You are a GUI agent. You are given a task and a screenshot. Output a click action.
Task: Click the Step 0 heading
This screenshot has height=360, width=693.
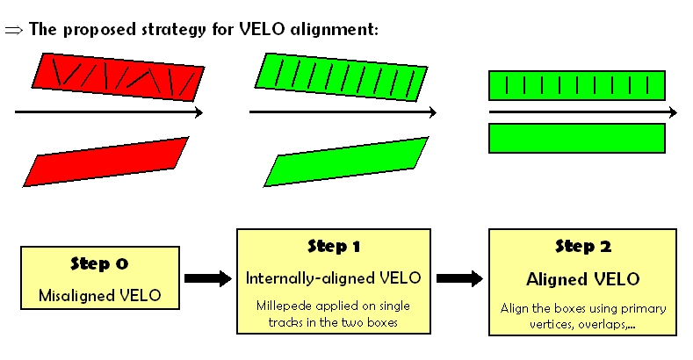(x=99, y=263)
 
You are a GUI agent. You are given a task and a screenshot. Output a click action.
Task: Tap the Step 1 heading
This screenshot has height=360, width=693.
(x=334, y=246)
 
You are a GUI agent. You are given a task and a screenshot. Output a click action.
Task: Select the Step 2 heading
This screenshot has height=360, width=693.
(x=583, y=246)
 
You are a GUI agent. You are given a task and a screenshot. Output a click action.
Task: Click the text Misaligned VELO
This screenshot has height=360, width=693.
(x=100, y=295)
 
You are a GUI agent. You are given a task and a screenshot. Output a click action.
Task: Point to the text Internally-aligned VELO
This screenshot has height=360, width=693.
(x=333, y=278)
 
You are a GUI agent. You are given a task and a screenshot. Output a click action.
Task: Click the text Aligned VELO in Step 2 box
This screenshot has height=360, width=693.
(x=583, y=279)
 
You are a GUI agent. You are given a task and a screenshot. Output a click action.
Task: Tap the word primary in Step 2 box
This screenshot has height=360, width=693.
(x=643, y=309)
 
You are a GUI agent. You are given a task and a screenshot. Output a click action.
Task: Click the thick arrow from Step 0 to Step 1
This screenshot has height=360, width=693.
(x=207, y=278)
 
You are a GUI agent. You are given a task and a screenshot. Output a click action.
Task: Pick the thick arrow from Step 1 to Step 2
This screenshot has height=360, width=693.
(x=459, y=278)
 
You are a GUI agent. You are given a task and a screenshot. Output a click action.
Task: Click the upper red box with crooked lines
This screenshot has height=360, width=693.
(x=118, y=77)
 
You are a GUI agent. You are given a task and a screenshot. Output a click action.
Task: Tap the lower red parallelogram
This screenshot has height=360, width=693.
(x=106, y=162)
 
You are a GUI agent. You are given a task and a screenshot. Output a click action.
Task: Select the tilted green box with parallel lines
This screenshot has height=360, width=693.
(x=341, y=77)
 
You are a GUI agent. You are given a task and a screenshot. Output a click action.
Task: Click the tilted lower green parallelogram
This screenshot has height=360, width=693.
(x=346, y=162)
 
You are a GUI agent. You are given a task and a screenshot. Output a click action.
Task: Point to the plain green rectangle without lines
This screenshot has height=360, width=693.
(x=577, y=138)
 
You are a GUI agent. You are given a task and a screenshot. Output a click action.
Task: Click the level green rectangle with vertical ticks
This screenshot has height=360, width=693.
(x=577, y=85)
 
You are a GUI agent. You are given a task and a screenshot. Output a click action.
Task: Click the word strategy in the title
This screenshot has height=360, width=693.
(x=174, y=30)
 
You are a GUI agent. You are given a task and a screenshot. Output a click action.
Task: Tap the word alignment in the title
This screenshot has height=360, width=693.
(x=334, y=29)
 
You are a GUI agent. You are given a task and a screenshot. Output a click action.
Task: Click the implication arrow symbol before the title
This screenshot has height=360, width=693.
(x=13, y=30)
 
